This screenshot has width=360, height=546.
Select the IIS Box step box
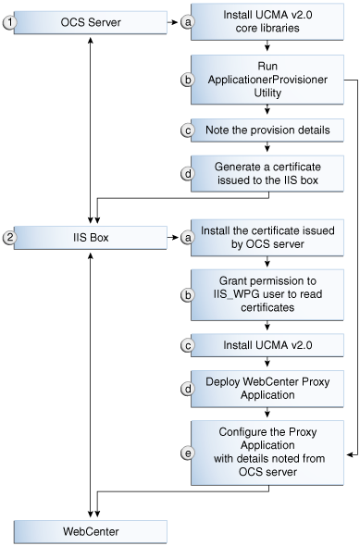pos(90,238)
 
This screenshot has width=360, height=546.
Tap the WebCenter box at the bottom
pos(90,530)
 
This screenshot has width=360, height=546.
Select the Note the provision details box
pos(267,130)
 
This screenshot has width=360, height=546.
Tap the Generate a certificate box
pos(267,173)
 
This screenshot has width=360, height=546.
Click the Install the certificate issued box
pos(267,238)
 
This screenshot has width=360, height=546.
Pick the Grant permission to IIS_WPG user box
pos(267,293)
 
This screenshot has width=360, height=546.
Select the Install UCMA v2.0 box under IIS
pos(267,344)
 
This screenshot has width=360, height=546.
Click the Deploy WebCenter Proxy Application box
pos(267,387)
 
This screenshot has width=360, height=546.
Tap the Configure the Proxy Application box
pos(267,451)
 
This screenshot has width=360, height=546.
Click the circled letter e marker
pos(188,453)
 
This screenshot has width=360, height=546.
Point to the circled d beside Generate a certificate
pos(188,173)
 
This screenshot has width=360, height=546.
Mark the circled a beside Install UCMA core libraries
pos(188,23)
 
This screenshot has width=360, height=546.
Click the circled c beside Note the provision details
pos(188,130)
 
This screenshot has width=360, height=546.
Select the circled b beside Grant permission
pos(188,294)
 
